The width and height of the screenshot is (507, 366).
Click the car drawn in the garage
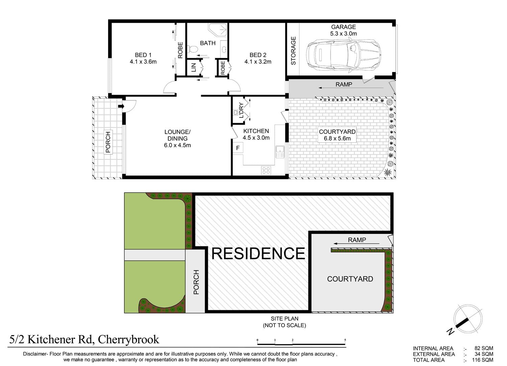(343, 55)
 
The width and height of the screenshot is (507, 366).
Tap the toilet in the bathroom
(192, 48)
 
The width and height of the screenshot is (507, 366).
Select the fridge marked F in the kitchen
(238, 148)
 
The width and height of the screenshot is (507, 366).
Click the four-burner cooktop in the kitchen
(266, 170)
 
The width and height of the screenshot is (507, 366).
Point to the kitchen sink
(280, 152)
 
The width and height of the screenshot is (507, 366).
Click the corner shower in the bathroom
(218, 30)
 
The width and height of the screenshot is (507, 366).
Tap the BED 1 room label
(143, 55)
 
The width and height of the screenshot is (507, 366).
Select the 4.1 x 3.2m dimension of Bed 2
(258, 62)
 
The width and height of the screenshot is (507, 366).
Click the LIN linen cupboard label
(194, 68)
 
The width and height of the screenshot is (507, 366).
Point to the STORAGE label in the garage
(293, 51)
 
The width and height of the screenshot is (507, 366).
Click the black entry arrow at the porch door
(121, 106)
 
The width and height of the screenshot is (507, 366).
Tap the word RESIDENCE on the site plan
(258, 253)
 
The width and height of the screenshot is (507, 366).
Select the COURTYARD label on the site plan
(350, 279)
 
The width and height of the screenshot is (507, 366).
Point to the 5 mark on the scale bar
(345, 340)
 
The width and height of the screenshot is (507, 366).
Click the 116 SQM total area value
(483, 360)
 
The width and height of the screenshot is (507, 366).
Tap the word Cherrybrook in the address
(128, 340)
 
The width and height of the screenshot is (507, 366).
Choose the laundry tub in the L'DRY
(235, 112)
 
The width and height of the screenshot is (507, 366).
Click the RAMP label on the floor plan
(344, 85)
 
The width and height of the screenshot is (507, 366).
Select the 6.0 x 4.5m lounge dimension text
(177, 145)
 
